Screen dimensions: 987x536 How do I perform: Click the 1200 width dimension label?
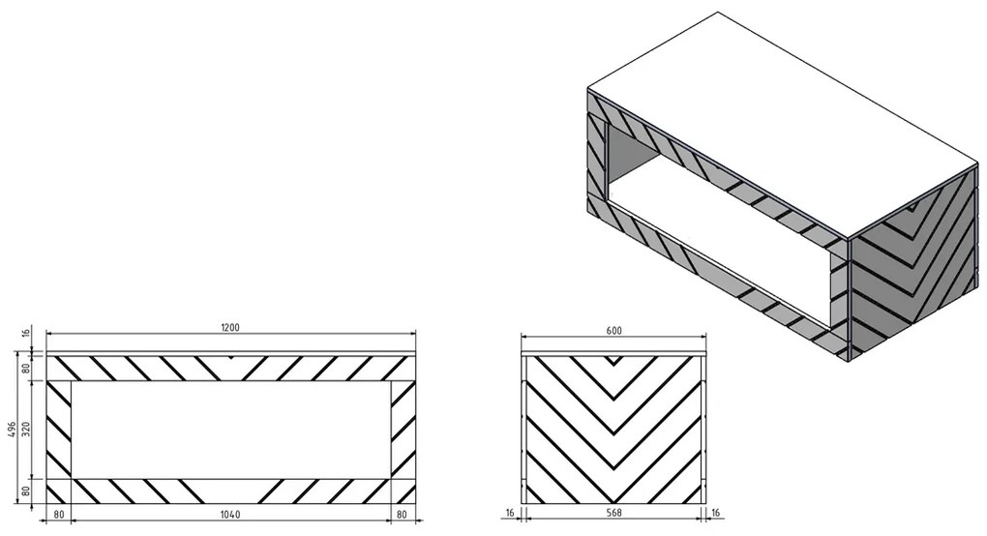[230, 327]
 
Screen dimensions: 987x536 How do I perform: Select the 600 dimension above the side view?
[613, 331]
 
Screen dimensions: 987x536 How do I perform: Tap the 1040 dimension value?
[230, 514]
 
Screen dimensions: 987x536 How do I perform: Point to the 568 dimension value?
[613, 513]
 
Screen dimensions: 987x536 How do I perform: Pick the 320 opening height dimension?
[26, 430]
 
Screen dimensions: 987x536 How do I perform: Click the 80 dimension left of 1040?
[58, 514]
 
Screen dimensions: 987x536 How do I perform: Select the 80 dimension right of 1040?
[403, 514]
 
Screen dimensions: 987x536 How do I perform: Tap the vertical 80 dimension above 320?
[26, 368]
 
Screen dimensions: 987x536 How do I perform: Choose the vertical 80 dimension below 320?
[26, 491]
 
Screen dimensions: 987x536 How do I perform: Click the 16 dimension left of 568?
[510, 513]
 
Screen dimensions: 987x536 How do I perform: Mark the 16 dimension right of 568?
[716, 513]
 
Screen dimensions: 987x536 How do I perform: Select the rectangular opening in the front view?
[230, 430]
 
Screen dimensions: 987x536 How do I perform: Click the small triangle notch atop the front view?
[231, 357]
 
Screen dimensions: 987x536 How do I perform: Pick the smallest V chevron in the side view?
[613, 361]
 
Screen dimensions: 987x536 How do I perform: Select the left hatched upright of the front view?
[59, 430]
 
